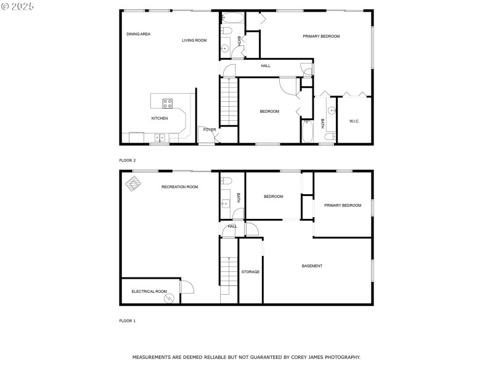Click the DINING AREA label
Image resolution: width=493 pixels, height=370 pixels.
pos(138,34)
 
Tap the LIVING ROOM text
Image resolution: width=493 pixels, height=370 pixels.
pos(194,40)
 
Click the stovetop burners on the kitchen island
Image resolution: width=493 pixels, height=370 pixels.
pos(168,103)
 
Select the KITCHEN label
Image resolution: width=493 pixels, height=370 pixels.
pos(160,118)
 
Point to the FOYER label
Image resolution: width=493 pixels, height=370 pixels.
pos(210,129)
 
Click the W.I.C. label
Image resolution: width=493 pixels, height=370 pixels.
pos(354,121)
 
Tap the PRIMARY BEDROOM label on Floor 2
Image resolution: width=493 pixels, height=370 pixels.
pos(321,36)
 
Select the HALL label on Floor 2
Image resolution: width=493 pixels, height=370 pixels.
pos(266,65)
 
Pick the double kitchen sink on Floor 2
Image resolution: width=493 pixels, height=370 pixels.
pos(160,138)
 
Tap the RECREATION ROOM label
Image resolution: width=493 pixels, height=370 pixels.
pos(179,186)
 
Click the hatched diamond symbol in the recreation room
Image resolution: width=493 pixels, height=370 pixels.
pos(132,184)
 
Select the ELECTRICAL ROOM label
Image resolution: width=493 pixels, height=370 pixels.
pos(149,291)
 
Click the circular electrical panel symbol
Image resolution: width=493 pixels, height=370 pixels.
pos(168,298)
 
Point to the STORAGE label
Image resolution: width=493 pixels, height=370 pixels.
pos(250,271)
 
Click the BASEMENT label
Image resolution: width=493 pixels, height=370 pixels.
pos(312,266)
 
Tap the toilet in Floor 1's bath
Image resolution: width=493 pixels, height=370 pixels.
pos(226,181)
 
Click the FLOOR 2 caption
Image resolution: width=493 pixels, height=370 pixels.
pos(128,160)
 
